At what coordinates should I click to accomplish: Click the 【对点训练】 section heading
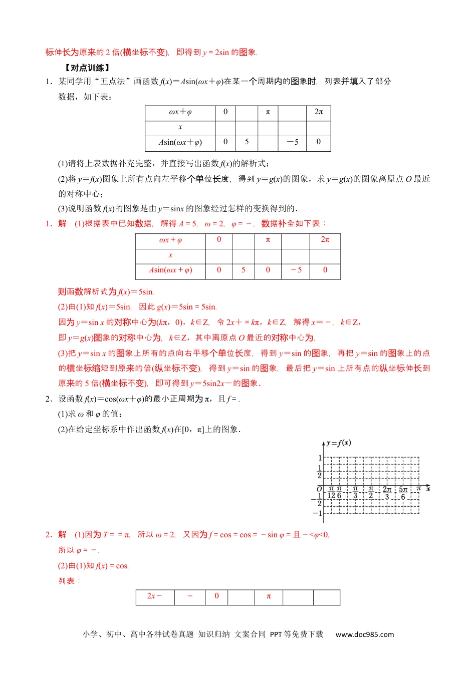tap(87, 68)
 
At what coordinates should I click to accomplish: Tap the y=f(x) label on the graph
tap(339, 443)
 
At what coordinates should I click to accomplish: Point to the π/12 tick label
tap(331, 492)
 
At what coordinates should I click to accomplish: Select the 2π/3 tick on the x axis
tap(387, 493)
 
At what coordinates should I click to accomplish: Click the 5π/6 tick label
tap(403, 493)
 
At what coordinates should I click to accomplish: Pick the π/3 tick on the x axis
tap(355, 492)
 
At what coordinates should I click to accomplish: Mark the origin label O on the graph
tap(320, 489)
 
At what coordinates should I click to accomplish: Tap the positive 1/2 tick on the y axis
tap(320, 472)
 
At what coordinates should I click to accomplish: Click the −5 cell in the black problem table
tap(293, 142)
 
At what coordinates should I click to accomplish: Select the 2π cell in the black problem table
tap(319, 112)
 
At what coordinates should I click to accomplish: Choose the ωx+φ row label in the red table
tap(170, 240)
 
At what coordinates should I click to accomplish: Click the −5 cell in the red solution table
tap(296, 270)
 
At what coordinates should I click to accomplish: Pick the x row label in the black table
tap(180, 127)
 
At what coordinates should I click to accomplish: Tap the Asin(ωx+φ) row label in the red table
tap(170, 270)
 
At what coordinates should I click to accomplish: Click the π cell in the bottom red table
tap(269, 596)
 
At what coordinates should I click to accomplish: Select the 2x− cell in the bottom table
tap(155, 596)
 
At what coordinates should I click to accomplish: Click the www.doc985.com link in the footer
tap(365, 634)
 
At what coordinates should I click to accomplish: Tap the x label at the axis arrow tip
tap(428, 489)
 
